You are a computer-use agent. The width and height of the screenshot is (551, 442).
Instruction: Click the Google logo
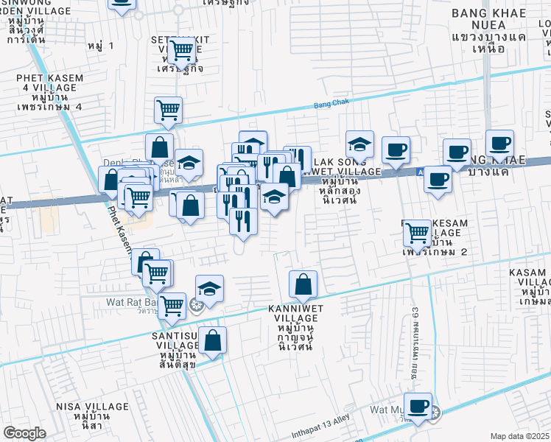pos(24,432)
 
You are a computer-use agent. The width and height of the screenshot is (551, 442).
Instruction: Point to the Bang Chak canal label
pos(329,105)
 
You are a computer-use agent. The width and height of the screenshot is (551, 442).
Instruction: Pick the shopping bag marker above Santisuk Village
pos(212,341)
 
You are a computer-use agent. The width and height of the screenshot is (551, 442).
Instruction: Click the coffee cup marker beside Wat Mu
pos(418,406)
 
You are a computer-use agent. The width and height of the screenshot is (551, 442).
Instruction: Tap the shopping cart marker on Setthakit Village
pos(180,50)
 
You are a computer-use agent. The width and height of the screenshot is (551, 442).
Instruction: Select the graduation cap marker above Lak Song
pos(359,144)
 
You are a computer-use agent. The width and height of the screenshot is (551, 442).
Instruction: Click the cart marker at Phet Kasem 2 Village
pos(418,233)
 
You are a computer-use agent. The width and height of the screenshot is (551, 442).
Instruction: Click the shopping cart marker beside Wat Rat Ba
pos(172,305)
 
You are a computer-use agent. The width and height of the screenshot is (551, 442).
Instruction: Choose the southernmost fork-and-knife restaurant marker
pos(243,220)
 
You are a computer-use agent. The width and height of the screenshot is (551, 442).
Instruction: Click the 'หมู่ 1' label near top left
pos(100,46)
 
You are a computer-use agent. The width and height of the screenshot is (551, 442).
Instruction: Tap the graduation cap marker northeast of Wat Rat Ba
pos(209,289)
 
